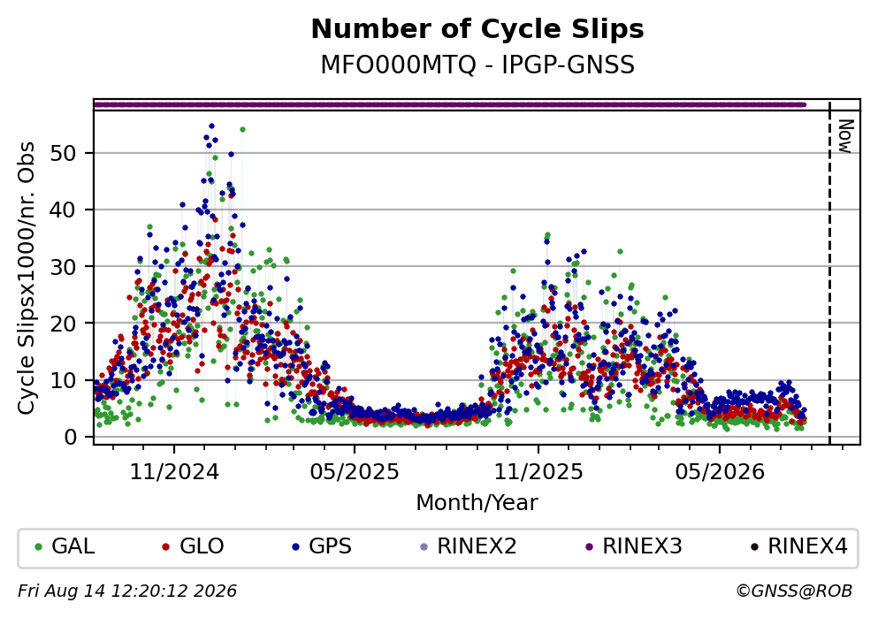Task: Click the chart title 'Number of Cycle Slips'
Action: coord(477,29)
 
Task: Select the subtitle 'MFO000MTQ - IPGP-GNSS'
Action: coord(477,65)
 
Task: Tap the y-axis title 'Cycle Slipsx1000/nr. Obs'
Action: coord(26,278)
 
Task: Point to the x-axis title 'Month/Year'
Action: coord(477,502)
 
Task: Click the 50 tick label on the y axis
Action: coord(64,153)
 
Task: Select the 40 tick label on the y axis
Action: coord(64,210)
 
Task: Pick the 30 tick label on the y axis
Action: coord(64,266)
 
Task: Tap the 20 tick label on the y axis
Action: coord(64,323)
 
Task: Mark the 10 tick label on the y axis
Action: coord(64,380)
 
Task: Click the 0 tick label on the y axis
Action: coord(71,437)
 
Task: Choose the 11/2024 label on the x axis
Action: coord(174,472)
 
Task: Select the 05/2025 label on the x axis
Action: coord(355,472)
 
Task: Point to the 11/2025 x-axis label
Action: coord(538,472)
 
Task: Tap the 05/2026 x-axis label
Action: coord(720,472)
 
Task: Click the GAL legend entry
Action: coord(65,546)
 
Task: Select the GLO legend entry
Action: coord(193,546)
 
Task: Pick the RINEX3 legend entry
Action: coord(633,546)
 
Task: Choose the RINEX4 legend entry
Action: coord(799,546)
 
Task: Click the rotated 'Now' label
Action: coord(845,136)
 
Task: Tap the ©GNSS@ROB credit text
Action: coord(794,591)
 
